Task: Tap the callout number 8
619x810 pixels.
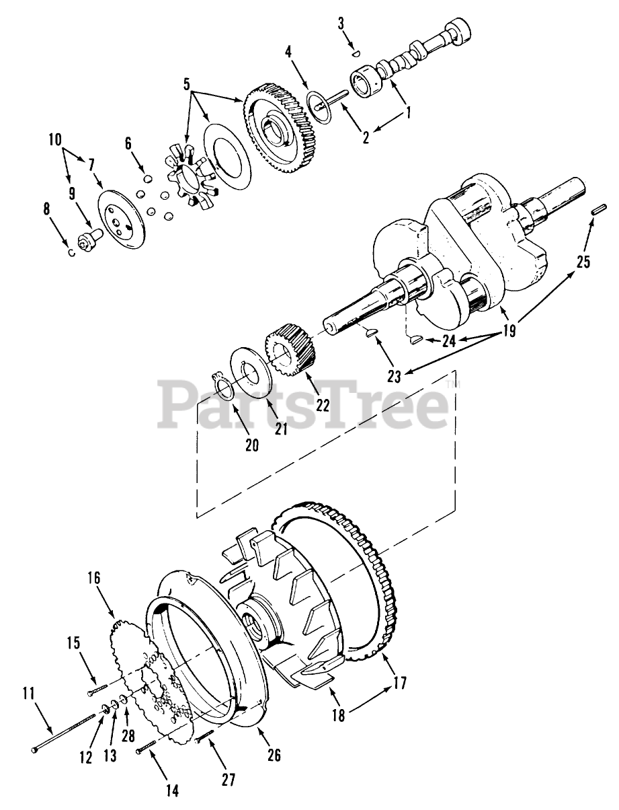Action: pos(46,208)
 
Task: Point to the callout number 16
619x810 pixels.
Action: pos(93,577)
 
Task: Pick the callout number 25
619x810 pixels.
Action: pos(583,262)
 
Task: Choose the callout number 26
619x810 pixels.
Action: pos(273,756)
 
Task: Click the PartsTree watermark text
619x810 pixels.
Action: pos(303,404)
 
